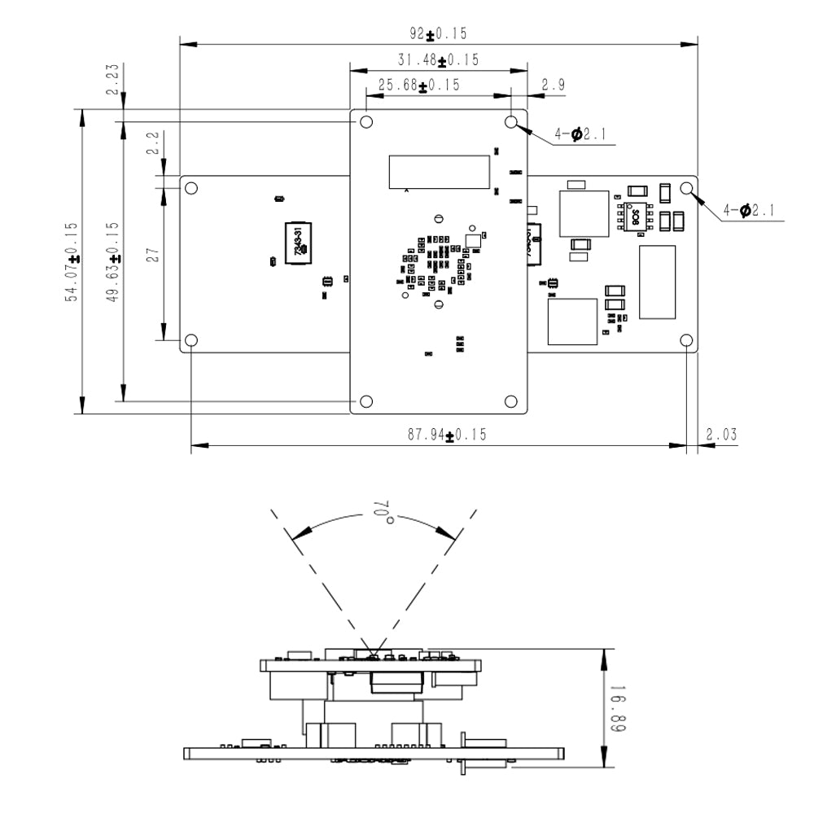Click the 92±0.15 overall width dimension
coord(439,34)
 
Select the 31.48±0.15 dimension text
coord(438,60)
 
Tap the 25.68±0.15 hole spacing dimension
coord(419,85)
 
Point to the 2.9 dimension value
coord(554,85)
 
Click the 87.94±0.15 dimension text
coord(447,435)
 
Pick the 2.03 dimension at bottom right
coord(721,435)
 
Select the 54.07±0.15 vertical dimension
coord(72,262)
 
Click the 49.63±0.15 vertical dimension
coord(113,262)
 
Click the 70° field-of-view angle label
coord(382,513)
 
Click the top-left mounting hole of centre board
coord(366,122)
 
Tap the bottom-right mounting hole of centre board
coord(511,401)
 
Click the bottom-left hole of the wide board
coord(191,340)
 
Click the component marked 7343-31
coord(297,243)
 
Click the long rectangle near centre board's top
coord(440,171)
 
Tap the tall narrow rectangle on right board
coord(657,282)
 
